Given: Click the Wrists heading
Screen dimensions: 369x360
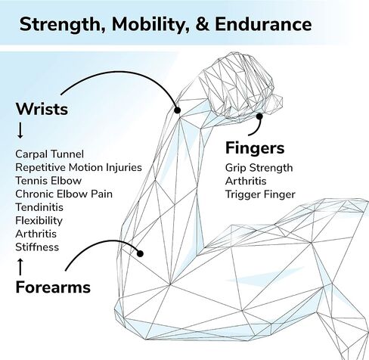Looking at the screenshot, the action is coord(42,109).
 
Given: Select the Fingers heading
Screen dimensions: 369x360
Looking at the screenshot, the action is coord(255,148).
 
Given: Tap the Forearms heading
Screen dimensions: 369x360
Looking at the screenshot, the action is coord(53,287).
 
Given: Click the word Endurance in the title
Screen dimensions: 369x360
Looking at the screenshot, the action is coord(263,24).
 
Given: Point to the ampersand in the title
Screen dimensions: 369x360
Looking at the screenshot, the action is coord(203,24).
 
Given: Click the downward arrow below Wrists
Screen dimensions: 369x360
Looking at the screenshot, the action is coord(20,130).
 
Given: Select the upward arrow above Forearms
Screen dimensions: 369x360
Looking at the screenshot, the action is coord(20,267).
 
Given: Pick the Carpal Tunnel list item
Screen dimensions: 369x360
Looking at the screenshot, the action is coord(49,154).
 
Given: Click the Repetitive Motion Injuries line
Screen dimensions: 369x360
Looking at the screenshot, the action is coord(79,167).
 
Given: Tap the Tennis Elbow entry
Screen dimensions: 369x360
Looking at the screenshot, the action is coord(48,181).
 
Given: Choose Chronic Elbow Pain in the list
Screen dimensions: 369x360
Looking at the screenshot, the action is coord(64,194).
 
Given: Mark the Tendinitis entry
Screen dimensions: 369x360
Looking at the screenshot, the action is coord(39,207).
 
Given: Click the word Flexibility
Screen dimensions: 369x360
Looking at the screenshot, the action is coord(39,221).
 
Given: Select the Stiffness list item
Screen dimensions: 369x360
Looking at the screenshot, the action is coord(37,247).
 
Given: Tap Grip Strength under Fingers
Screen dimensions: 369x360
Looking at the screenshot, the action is coord(259,168).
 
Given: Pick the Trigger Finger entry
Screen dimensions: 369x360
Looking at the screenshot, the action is coord(260,194).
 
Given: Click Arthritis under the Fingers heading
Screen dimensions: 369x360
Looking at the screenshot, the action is coord(246,181).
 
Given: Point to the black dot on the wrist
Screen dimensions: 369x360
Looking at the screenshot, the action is coord(178,110).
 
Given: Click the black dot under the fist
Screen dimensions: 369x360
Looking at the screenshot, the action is coord(259,116).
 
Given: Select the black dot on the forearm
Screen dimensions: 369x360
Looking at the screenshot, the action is coord(140,253).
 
